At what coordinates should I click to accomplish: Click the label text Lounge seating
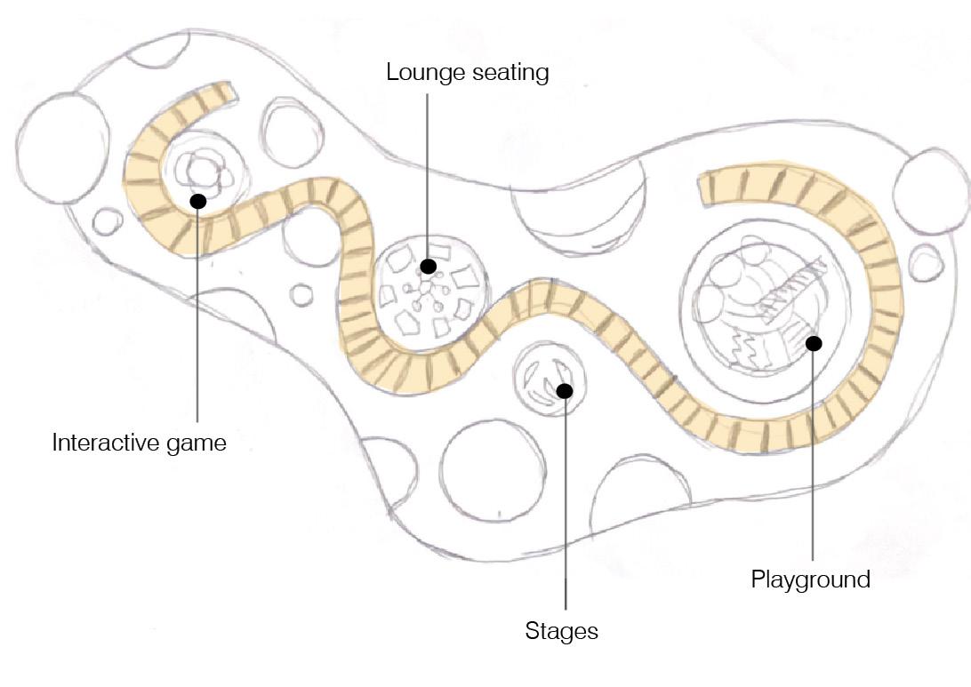coord(467,72)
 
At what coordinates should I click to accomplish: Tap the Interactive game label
coord(140,442)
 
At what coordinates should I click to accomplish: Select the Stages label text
coord(561,631)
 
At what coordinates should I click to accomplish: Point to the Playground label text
coord(810,579)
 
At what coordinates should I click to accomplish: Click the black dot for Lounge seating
coord(429,266)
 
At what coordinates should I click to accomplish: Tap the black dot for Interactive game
coord(198,202)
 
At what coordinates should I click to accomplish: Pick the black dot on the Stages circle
coord(564,389)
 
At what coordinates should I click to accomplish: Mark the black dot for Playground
coord(813,342)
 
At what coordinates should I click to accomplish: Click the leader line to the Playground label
coord(813,462)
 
